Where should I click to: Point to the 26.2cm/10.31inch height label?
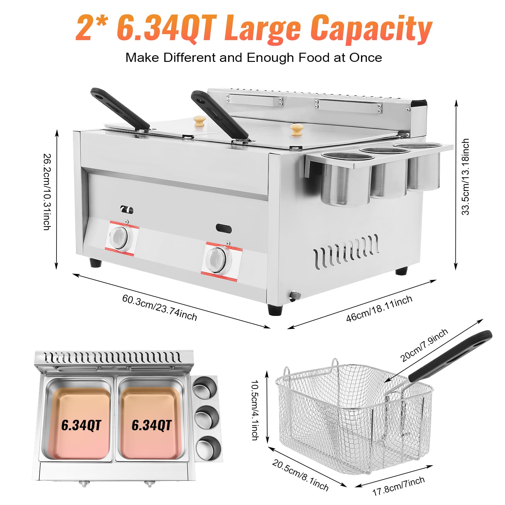tap(47, 192)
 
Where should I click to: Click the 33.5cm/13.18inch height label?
tap(466, 177)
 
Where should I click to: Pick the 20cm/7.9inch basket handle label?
tap(424, 345)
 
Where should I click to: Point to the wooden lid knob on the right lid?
tap(296, 128)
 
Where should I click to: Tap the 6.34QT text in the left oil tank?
tap(81, 425)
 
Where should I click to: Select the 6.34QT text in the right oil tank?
tap(151, 425)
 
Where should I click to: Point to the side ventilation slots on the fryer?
tap(346, 251)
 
